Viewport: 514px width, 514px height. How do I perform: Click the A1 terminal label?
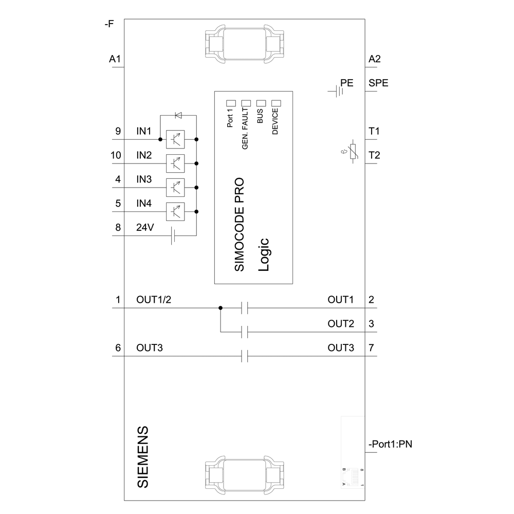pyautogui.click(x=115, y=60)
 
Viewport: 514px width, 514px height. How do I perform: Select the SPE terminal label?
pyautogui.click(x=378, y=83)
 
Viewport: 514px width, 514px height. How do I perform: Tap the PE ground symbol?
pyautogui.click(x=337, y=91)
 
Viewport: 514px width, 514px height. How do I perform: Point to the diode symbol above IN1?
pyautogui.click(x=178, y=115)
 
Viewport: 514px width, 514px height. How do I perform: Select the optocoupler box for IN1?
pyautogui.click(x=175, y=139)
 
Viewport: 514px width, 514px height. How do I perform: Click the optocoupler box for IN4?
pyautogui.click(x=175, y=211)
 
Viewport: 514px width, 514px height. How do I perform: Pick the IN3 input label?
pyautogui.click(x=144, y=179)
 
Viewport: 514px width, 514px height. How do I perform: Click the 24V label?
pyautogui.click(x=144, y=228)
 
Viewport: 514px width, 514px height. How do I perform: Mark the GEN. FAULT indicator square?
pyautogui.click(x=246, y=103)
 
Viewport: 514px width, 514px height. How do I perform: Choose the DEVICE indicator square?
pyautogui.click(x=276, y=103)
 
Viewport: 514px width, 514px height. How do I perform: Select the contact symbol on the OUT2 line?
pyautogui.click(x=245, y=332)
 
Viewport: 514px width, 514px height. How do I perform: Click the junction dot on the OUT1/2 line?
pyautogui.click(x=220, y=308)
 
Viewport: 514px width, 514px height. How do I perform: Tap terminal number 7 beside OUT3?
pyautogui.click(x=371, y=348)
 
